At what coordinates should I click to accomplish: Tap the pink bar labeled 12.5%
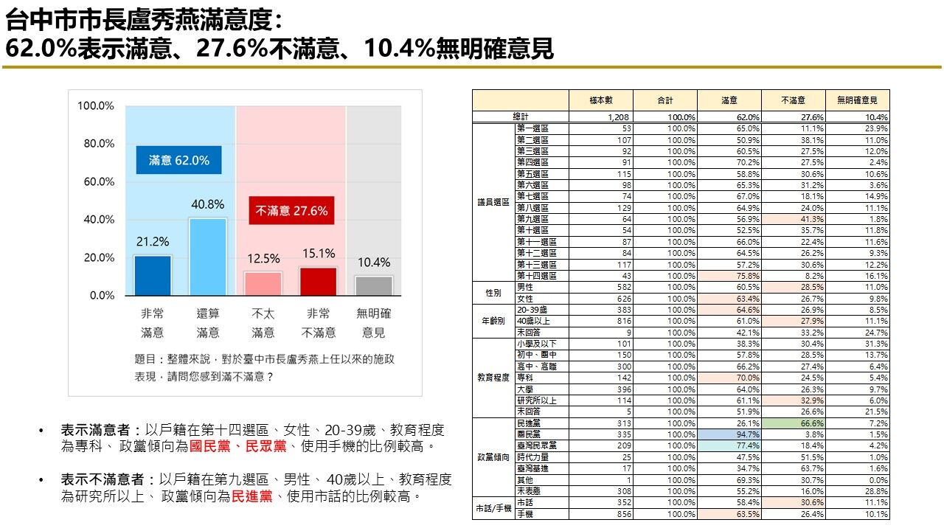(263, 283)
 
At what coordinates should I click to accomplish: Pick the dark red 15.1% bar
(319, 281)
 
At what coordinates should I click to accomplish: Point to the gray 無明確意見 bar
(374, 285)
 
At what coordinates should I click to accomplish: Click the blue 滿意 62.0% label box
(179, 160)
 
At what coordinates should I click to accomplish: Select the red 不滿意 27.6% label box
(291, 211)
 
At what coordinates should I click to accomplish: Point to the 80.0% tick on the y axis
(96, 144)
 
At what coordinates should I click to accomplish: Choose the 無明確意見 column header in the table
(858, 100)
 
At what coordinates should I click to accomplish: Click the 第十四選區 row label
(537, 276)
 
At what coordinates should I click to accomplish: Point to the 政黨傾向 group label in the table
(493, 457)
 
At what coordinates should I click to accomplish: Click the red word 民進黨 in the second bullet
(249, 497)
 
